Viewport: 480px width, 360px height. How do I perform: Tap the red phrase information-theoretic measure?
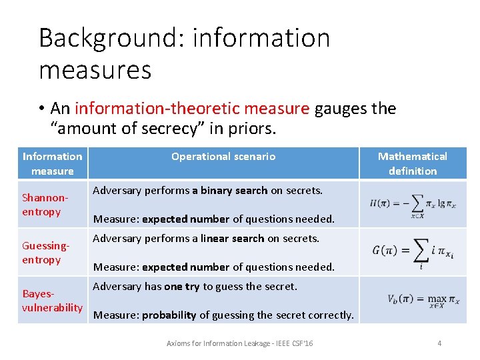point(192,109)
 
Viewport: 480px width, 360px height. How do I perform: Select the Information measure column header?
point(53,163)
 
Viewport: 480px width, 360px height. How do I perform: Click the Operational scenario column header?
point(223,157)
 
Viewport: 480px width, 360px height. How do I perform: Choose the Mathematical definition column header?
point(413,163)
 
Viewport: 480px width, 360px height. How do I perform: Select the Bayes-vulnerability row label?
point(52,301)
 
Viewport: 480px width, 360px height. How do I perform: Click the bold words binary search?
point(229,191)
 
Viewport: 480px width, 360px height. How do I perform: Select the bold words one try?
point(182,287)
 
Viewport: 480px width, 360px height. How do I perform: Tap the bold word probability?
point(169,315)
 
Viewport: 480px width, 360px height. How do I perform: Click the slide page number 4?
point(439,343)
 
